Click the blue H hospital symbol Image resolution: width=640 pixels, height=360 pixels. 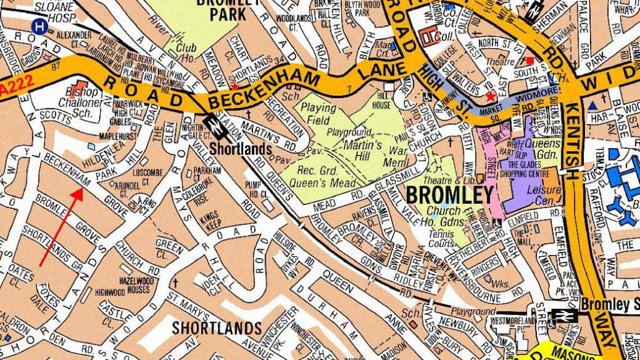tap(39, 26)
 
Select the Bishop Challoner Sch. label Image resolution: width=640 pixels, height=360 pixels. tap(88, 102)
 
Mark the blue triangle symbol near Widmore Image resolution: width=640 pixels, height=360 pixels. tap(592, 106)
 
